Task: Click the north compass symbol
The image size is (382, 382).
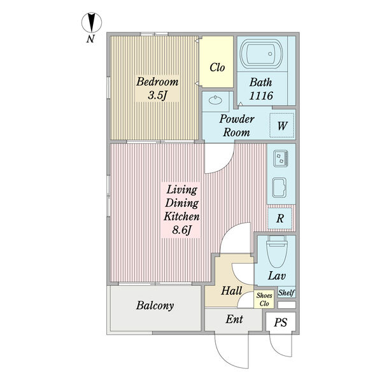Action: (x=91, y=23)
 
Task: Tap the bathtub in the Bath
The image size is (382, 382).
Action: (x=262, y=53)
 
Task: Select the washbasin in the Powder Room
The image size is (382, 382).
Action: (x=215, y=100)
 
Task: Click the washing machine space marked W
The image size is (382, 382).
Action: (x=282, y=125)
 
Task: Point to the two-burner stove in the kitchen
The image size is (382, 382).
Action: (x=280, y=159)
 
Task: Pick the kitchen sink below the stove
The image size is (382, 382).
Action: (x=279, y=187)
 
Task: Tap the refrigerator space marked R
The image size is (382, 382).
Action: (x=280, y=218)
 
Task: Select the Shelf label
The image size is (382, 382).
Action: (x=286, y=292)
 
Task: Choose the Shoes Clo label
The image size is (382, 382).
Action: (x=264, y=299)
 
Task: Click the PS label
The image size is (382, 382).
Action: (x=281, y=323)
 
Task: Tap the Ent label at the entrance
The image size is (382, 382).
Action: (x=234, y=319)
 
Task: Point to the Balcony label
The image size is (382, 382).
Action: (x=155, y=306)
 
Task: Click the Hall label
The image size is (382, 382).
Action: (x=232, y=291)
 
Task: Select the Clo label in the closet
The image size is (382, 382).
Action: (x=217, y=67)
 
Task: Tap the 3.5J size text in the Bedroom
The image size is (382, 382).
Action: (x=157, y=95)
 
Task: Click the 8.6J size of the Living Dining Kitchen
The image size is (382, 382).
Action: (x=181, y=230)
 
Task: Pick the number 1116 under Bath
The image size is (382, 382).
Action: (x=261, y=95)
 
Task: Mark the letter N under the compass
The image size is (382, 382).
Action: (x=90, y=39)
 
